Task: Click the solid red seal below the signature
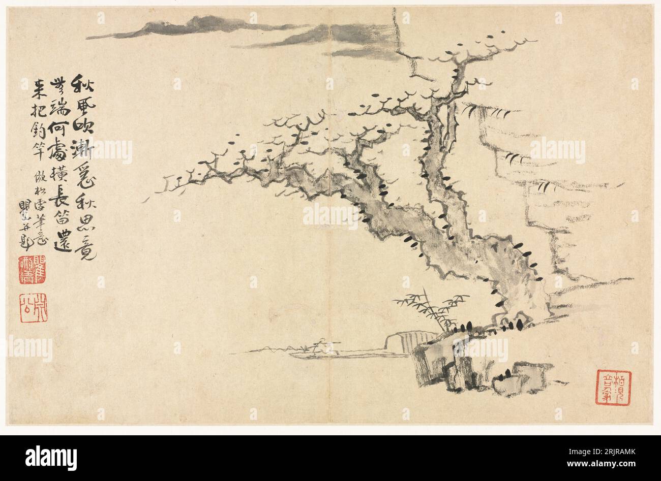32,270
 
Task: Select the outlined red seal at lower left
34,308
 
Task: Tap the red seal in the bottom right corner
613,388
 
